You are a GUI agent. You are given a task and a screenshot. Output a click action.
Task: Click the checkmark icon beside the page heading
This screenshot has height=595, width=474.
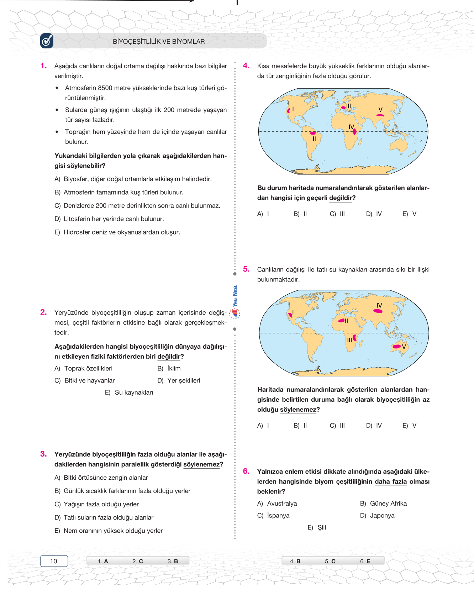click(x=47, y=41)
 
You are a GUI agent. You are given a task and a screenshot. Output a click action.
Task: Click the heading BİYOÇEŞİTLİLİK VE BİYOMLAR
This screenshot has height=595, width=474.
click(x=159, y=42)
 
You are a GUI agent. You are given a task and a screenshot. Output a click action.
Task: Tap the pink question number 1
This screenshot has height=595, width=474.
click(x=43, y=65)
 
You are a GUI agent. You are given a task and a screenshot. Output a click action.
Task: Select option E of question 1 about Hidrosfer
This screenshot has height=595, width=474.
click(x=117, y=232)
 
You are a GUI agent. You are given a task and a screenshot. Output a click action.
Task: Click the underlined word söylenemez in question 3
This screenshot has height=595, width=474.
click(x=201, y=464)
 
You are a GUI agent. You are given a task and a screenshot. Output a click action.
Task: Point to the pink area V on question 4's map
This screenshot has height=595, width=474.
click(x=380, y=115)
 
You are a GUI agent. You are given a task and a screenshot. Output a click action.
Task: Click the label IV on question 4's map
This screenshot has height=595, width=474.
click(x=351, y=127)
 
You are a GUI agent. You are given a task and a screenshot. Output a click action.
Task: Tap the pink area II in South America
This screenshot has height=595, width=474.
click(x=313, y=133)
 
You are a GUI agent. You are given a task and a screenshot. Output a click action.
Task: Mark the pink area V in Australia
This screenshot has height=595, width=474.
click(x=396, y=346)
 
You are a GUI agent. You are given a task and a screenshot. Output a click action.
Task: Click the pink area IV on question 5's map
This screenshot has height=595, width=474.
click(x=378, y=311)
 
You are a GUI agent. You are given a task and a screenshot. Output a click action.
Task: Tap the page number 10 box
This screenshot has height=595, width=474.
click(x=54, y=561)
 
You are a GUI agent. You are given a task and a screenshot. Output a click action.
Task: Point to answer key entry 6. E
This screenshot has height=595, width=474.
click(x=365, y=561)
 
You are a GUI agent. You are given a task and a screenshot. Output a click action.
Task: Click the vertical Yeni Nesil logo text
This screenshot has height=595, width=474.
click(x=235, y=296)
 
